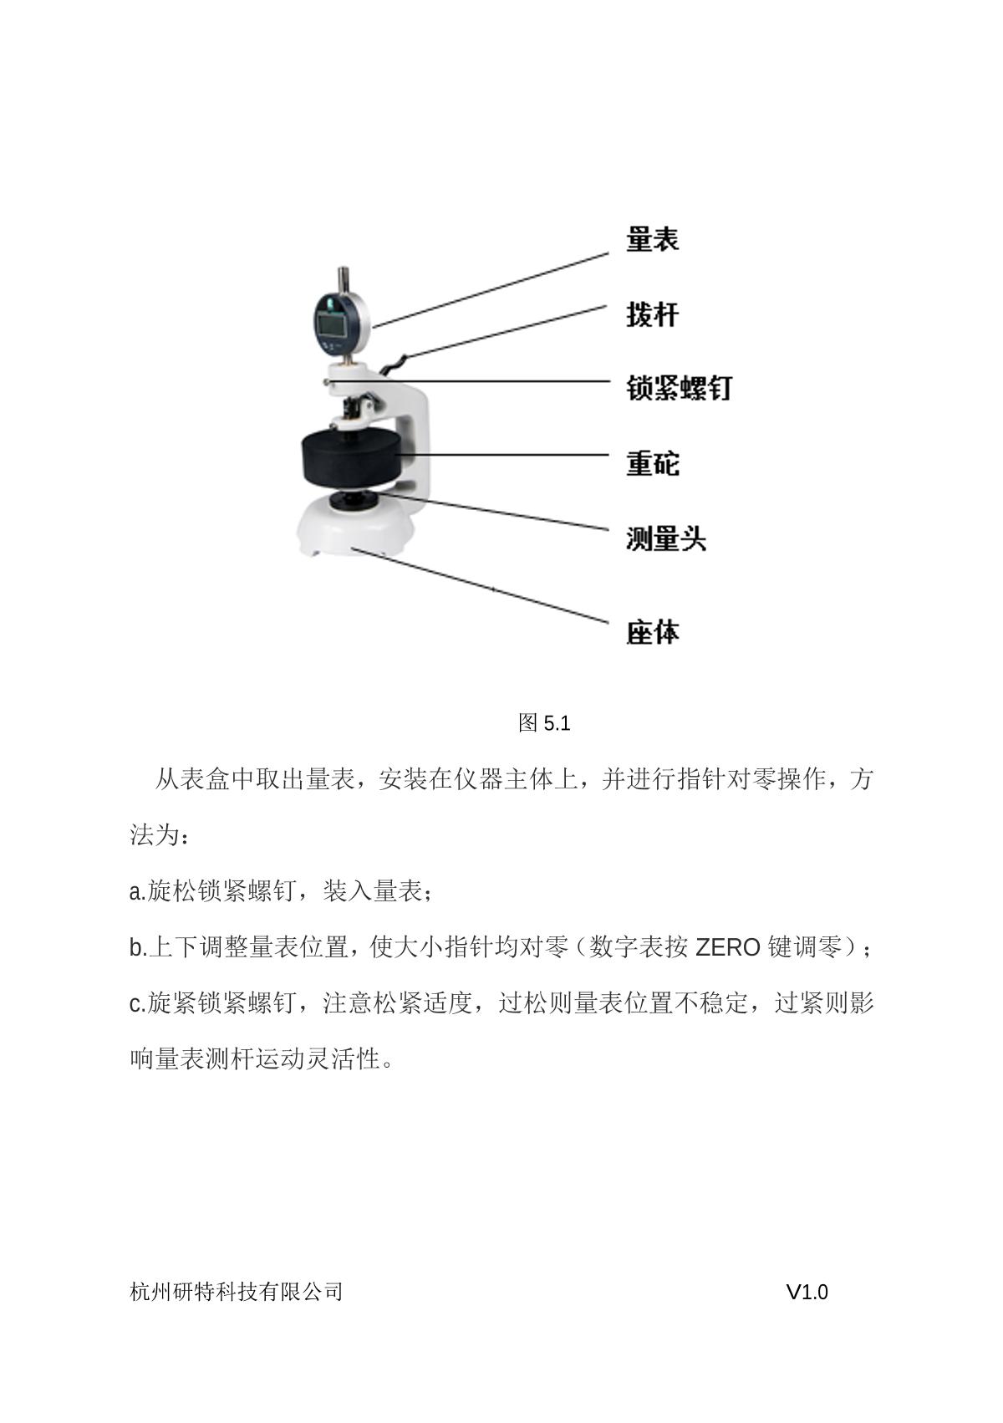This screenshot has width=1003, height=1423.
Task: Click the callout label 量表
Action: click(652, 239)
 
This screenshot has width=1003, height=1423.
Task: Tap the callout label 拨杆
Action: click(652, 314)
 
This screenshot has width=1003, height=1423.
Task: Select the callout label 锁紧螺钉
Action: click(679, 388)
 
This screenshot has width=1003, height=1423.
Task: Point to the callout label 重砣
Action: click(652, 463)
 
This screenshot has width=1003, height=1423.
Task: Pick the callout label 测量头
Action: click(665, 538)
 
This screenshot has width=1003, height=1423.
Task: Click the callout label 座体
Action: click(652, 632)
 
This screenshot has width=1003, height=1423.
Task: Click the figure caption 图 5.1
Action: click(544, 723)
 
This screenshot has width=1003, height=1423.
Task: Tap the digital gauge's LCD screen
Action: click(332, 326)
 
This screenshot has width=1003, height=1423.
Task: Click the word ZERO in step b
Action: click(728, 948)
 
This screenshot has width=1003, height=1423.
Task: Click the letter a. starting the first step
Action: click(138, 892)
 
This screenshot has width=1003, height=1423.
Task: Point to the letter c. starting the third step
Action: click(138, 1004)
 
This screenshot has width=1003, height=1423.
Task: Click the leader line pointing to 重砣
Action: click(501, 455)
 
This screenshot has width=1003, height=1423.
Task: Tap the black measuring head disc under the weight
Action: click(354, 500)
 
